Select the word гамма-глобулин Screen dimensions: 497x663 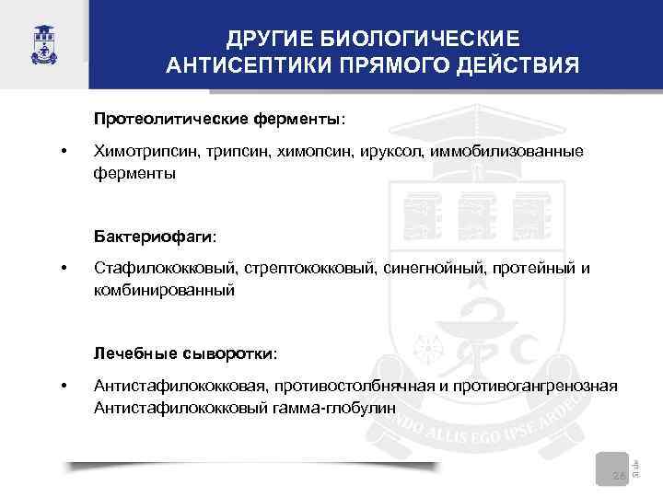tap(343, 407)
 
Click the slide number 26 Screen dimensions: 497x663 tap(619, 475)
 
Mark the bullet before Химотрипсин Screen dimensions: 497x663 tap(63, 151)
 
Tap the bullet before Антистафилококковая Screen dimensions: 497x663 tap(63, 386)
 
